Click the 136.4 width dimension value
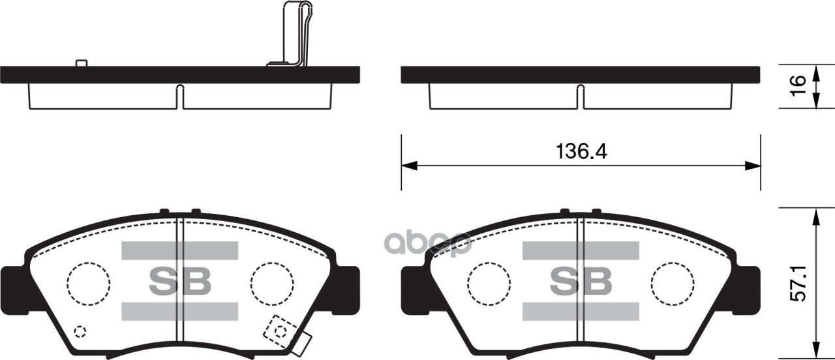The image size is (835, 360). coord(581,152)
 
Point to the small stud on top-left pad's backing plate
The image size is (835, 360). coord(82,63)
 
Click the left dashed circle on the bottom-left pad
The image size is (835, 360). coord(89,284)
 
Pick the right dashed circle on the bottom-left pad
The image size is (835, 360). coord(272,284)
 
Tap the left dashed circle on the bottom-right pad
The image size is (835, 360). coord(489,284)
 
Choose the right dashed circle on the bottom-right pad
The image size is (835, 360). coord(673,284)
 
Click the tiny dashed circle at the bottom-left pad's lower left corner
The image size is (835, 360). coord(80,331)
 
